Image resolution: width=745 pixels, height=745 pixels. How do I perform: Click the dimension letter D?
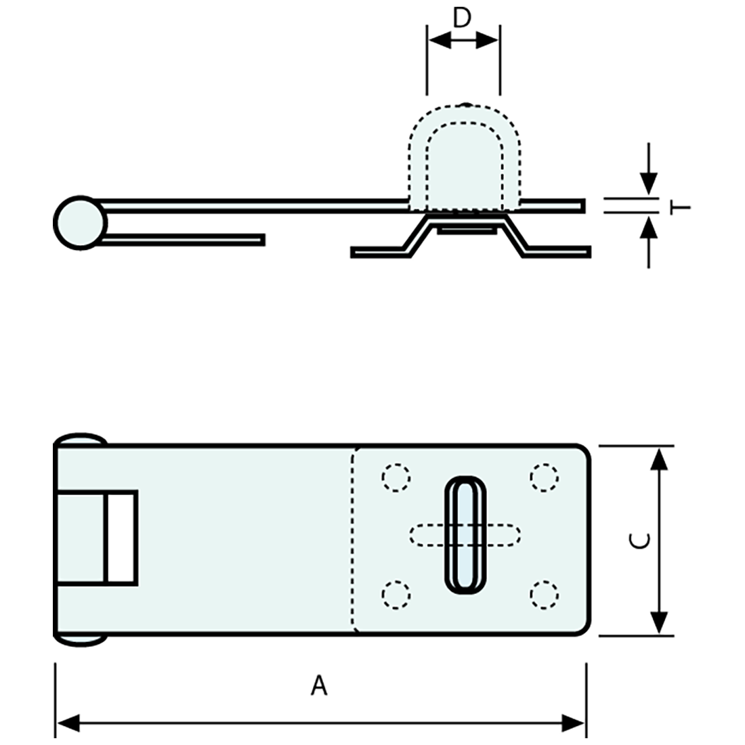[x=462, y=18]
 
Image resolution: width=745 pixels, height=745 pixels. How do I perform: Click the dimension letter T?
[x=683, y=205]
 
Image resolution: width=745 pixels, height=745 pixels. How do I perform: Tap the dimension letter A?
[x=319, y=685]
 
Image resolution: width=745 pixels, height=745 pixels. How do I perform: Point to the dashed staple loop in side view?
[x=464, y=156]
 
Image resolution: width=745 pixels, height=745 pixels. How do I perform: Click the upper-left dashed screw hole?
[x=396, y=477]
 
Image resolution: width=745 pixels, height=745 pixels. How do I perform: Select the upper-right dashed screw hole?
[x=544, y=477]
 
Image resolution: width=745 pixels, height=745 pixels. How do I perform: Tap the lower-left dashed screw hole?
[x=396, y=594]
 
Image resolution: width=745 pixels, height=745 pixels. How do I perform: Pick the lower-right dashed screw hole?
[x=544, y=594]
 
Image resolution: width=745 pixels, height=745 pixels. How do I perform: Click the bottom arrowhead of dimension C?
[x=658, y=622]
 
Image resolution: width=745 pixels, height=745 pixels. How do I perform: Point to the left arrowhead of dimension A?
[x=68, y=723]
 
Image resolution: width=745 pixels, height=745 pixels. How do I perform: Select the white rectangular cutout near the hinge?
[x=122, y=538]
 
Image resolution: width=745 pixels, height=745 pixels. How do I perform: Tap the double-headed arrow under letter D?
[x=463, y=41]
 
